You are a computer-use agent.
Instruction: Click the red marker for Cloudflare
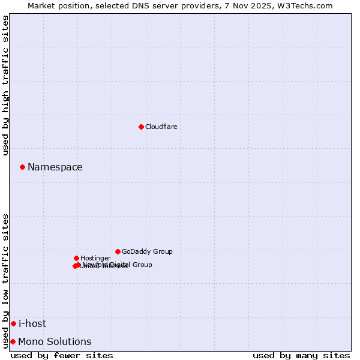tap(141, 127)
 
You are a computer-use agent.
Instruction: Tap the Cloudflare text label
tap(161, 127)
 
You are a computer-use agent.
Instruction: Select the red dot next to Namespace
tap(22, 167)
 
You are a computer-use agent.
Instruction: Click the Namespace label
tap(55, 167)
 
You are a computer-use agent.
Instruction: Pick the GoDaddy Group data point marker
tap(118, 251)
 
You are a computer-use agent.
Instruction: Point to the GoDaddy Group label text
tap(147, 251)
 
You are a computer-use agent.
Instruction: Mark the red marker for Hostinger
tap(76, 258)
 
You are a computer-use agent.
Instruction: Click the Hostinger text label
tap(95, 258)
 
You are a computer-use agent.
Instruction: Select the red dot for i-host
tap(13, 323)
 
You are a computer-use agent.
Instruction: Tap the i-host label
tap(32, 324)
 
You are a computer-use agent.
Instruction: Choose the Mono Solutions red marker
tap(13, 341)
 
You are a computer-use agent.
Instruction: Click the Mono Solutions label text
tap(55, 342)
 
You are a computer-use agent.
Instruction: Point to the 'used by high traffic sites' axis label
tap(6, 85)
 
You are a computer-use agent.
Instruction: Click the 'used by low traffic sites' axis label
tap(6, 280)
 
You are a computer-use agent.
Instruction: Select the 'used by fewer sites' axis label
tap(62, 356)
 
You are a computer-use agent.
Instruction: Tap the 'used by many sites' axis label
tap(301, 356)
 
